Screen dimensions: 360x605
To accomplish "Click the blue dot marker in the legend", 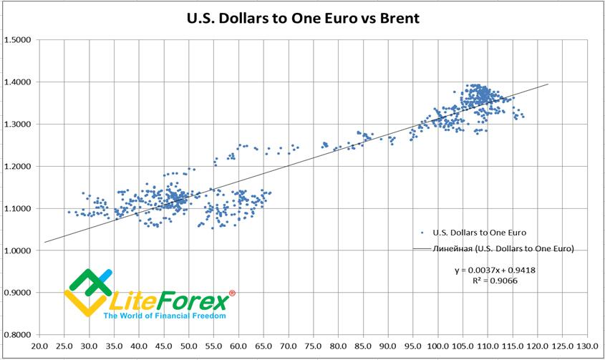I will pyautogui.click(x=422, y=233).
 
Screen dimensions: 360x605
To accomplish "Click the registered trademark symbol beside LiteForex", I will pyautogui.click(x=231, y=293).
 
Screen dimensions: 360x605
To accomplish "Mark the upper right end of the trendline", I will pyautogui.click(x=548, y=84).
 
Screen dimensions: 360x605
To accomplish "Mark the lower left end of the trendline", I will pyautogui.click(x=44, y=243).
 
